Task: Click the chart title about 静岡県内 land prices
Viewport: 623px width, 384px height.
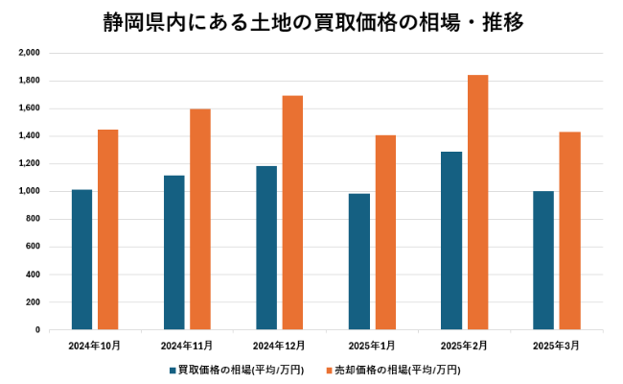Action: click(312, 23)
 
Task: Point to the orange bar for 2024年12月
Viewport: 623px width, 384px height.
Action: click(292, 212)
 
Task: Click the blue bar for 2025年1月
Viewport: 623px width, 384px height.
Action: click(358, 261)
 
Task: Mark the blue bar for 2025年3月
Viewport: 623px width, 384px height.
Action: click(543, 260)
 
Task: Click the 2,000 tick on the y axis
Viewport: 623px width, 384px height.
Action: click(29, 53)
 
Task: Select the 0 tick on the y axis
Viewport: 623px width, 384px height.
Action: click(36, 329)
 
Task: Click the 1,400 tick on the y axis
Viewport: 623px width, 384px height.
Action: click(29, 135)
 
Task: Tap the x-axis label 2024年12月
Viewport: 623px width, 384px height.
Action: click(279, 345)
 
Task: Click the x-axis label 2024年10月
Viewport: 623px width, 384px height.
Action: click(94, 345)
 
